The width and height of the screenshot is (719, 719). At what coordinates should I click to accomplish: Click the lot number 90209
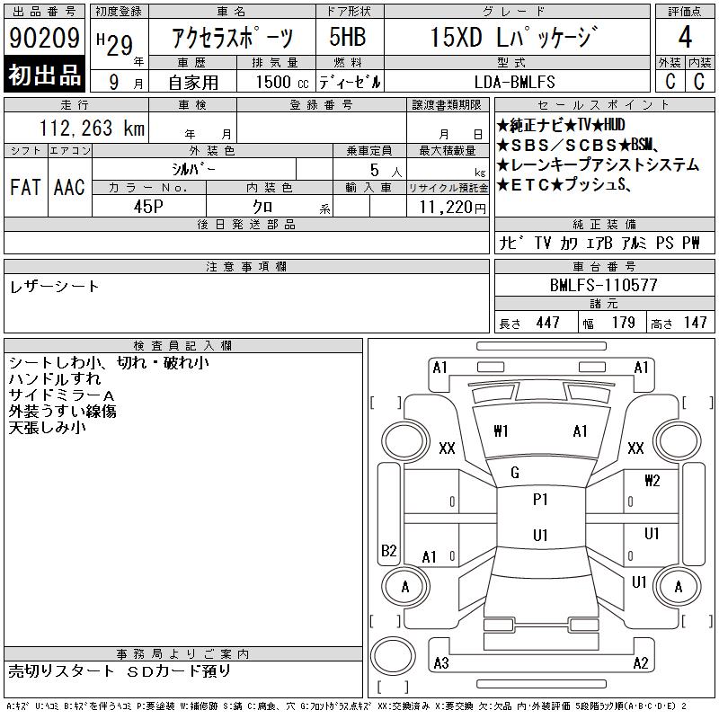click(x=44, y=38)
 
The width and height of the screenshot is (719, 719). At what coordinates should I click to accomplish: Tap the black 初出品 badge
click(x=44, y=75)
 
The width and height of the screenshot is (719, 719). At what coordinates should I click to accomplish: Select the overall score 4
click(x=685, y=37)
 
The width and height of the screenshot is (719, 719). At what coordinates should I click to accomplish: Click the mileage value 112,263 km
click(x=92, y=128)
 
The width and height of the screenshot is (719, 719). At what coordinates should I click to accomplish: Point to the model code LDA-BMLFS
click(x=514, y=82)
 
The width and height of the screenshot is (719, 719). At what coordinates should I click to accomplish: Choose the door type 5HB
click(x=348, y=37)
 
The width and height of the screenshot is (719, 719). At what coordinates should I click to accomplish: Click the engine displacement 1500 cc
click(x=282, y=82)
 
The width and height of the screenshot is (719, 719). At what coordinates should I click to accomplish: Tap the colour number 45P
click(x=148, y=207)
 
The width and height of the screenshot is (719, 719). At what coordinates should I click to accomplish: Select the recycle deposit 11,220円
click(x=452, y=208)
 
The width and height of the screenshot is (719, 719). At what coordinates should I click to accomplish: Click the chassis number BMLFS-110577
click(x=603, y=285)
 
